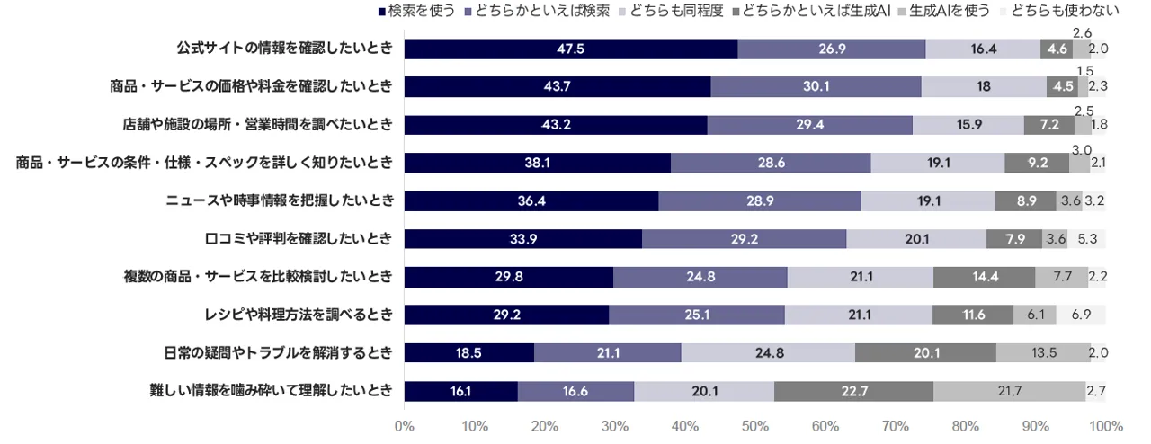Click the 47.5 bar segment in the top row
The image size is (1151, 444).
[570, 49]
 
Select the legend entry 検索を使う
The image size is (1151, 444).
[422, 11]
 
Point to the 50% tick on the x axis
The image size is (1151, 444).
[755, 426]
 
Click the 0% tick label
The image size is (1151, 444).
[404, 426]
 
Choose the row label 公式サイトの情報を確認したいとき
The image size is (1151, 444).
[284, 49]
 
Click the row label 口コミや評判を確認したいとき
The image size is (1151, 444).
[298, 238]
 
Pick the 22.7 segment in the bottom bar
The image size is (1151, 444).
[852, 391]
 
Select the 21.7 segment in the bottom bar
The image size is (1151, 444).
[1008, 391]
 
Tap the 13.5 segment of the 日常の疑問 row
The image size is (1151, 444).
[1043, 352]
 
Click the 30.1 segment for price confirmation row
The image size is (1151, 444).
[816, 86]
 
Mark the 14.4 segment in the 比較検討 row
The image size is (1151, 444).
[984, 277]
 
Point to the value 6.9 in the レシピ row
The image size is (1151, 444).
[1081, 315]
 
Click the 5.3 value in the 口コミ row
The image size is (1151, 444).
[1086, 238]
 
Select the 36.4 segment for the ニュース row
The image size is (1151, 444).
[531, 200]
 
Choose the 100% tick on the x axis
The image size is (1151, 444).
[1105, 426]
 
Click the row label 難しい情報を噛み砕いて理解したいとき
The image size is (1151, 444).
[271, 391]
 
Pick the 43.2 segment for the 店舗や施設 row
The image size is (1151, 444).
[555, 125]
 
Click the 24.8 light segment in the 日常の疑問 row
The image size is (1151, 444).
[768, 352]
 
